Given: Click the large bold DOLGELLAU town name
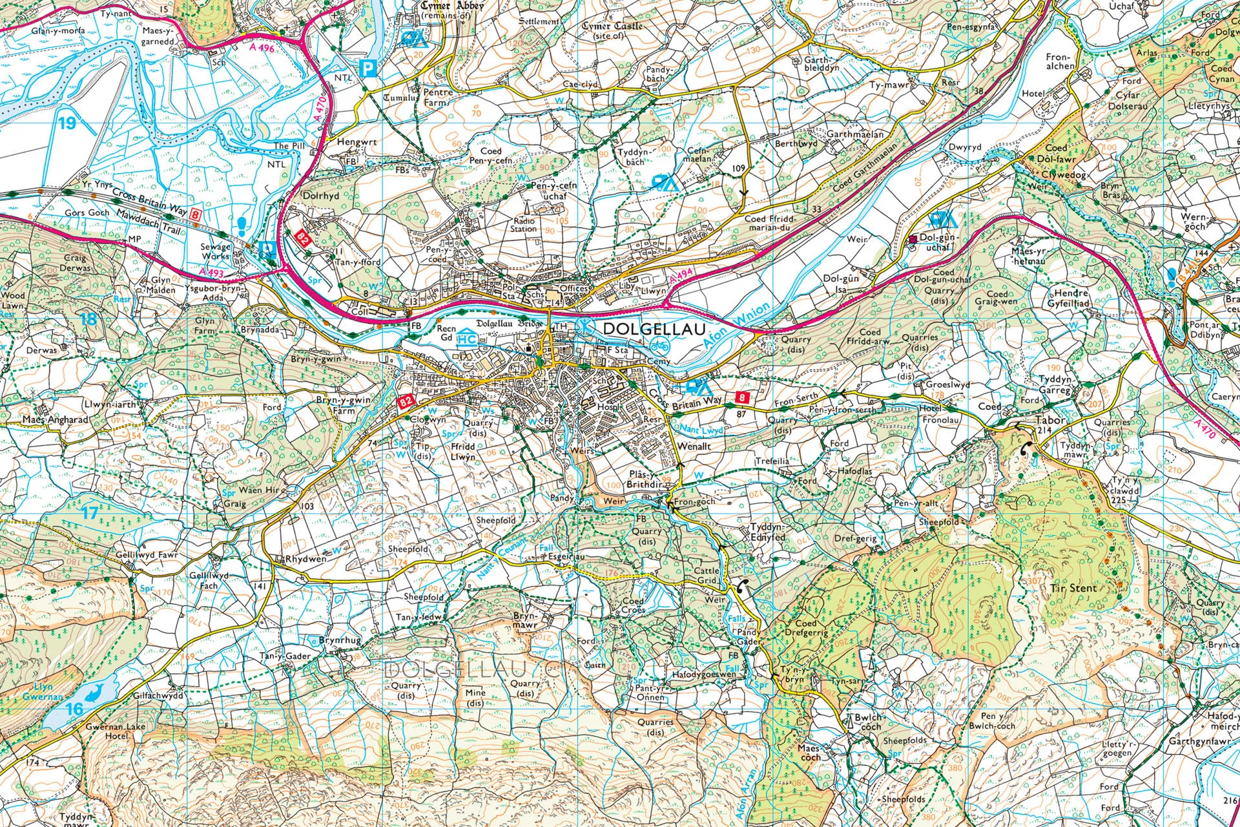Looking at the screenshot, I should coord(653,329).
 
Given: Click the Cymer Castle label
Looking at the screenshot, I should coord(612,26).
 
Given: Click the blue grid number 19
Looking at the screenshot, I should coord(67,123).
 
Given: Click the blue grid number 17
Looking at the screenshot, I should coord(90,513).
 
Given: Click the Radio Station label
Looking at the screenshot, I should coord(524,224).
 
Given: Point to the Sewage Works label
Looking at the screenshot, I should coord(216,251).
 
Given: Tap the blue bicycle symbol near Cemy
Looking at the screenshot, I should coord(660,343).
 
